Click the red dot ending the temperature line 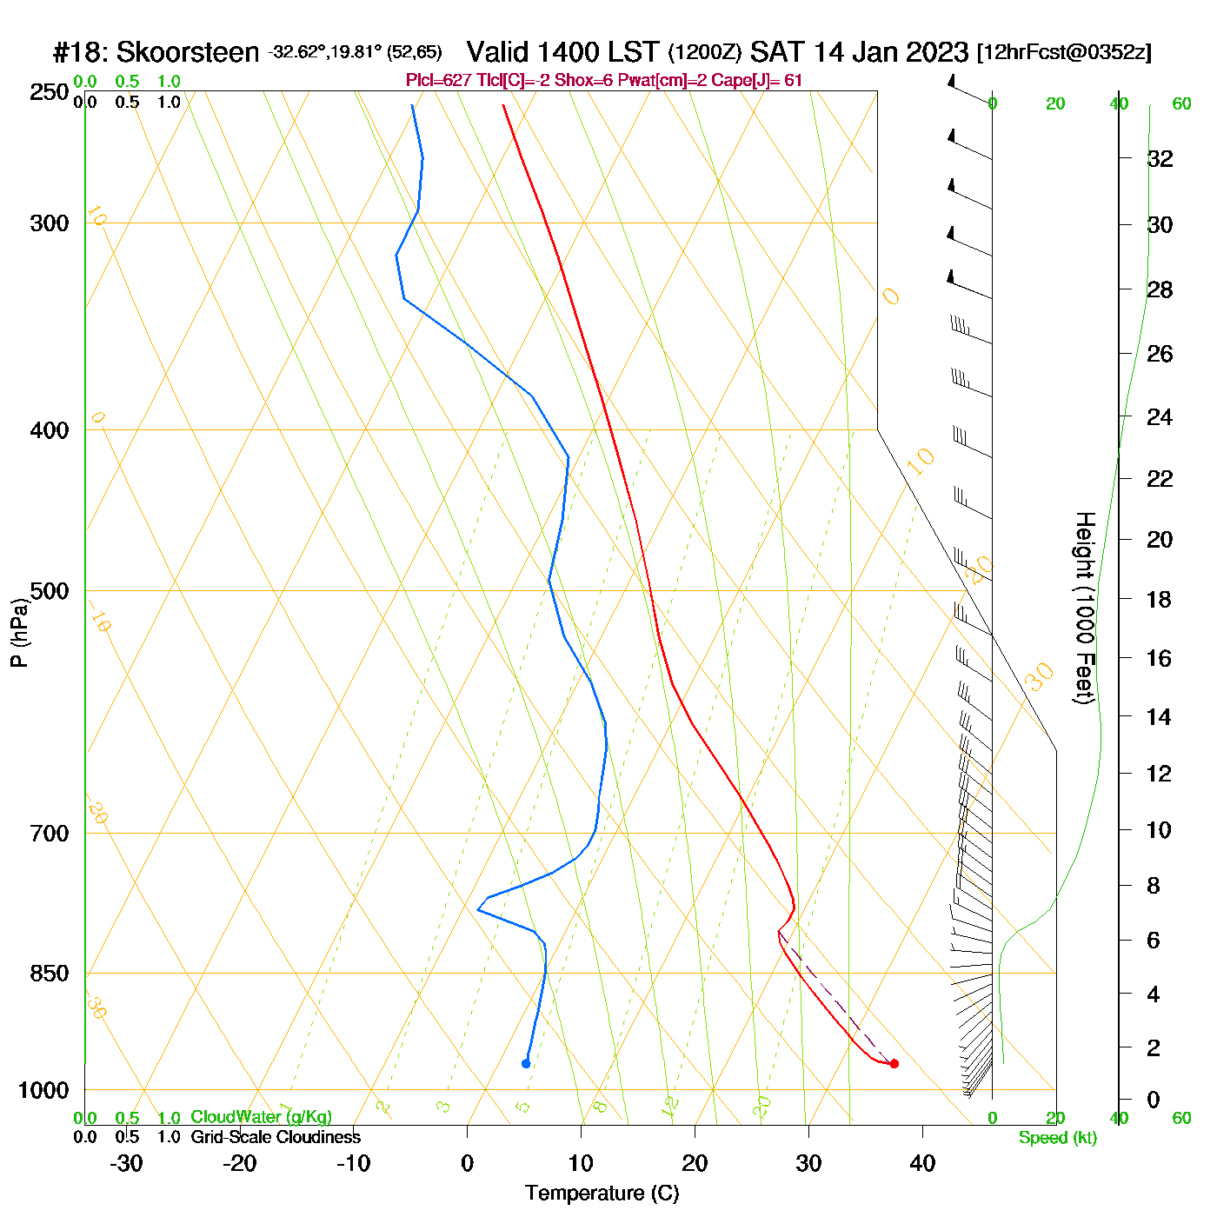coord(894,1063)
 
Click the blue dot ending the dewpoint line coord(526,1063)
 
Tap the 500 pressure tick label coord(50,591)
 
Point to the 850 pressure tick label coord(50,974)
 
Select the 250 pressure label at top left coord(50,92)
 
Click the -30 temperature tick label coord(126,1163)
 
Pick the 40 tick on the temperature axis coord(922,1163)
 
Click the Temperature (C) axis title coord(602,1194)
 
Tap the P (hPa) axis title coord(19,632)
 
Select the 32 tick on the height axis coord(1160,158)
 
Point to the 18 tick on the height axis coord(1159,599)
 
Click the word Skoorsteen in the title coord(188,52)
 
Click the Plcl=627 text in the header coord(439,81)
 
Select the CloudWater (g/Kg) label coord(261,1117)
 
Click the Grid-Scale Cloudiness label coord(276,1137)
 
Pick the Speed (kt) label coord(1058,1138)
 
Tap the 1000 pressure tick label coord(43,1090)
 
